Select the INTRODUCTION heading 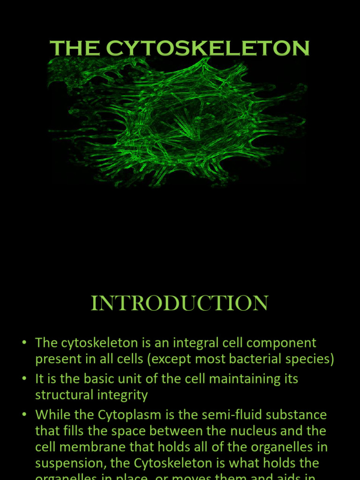point(180,303)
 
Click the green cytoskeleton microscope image point(178,122)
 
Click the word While point(51,415)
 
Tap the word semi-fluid point(227,415)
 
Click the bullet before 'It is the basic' point(24,379)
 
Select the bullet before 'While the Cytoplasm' point(24,415)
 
